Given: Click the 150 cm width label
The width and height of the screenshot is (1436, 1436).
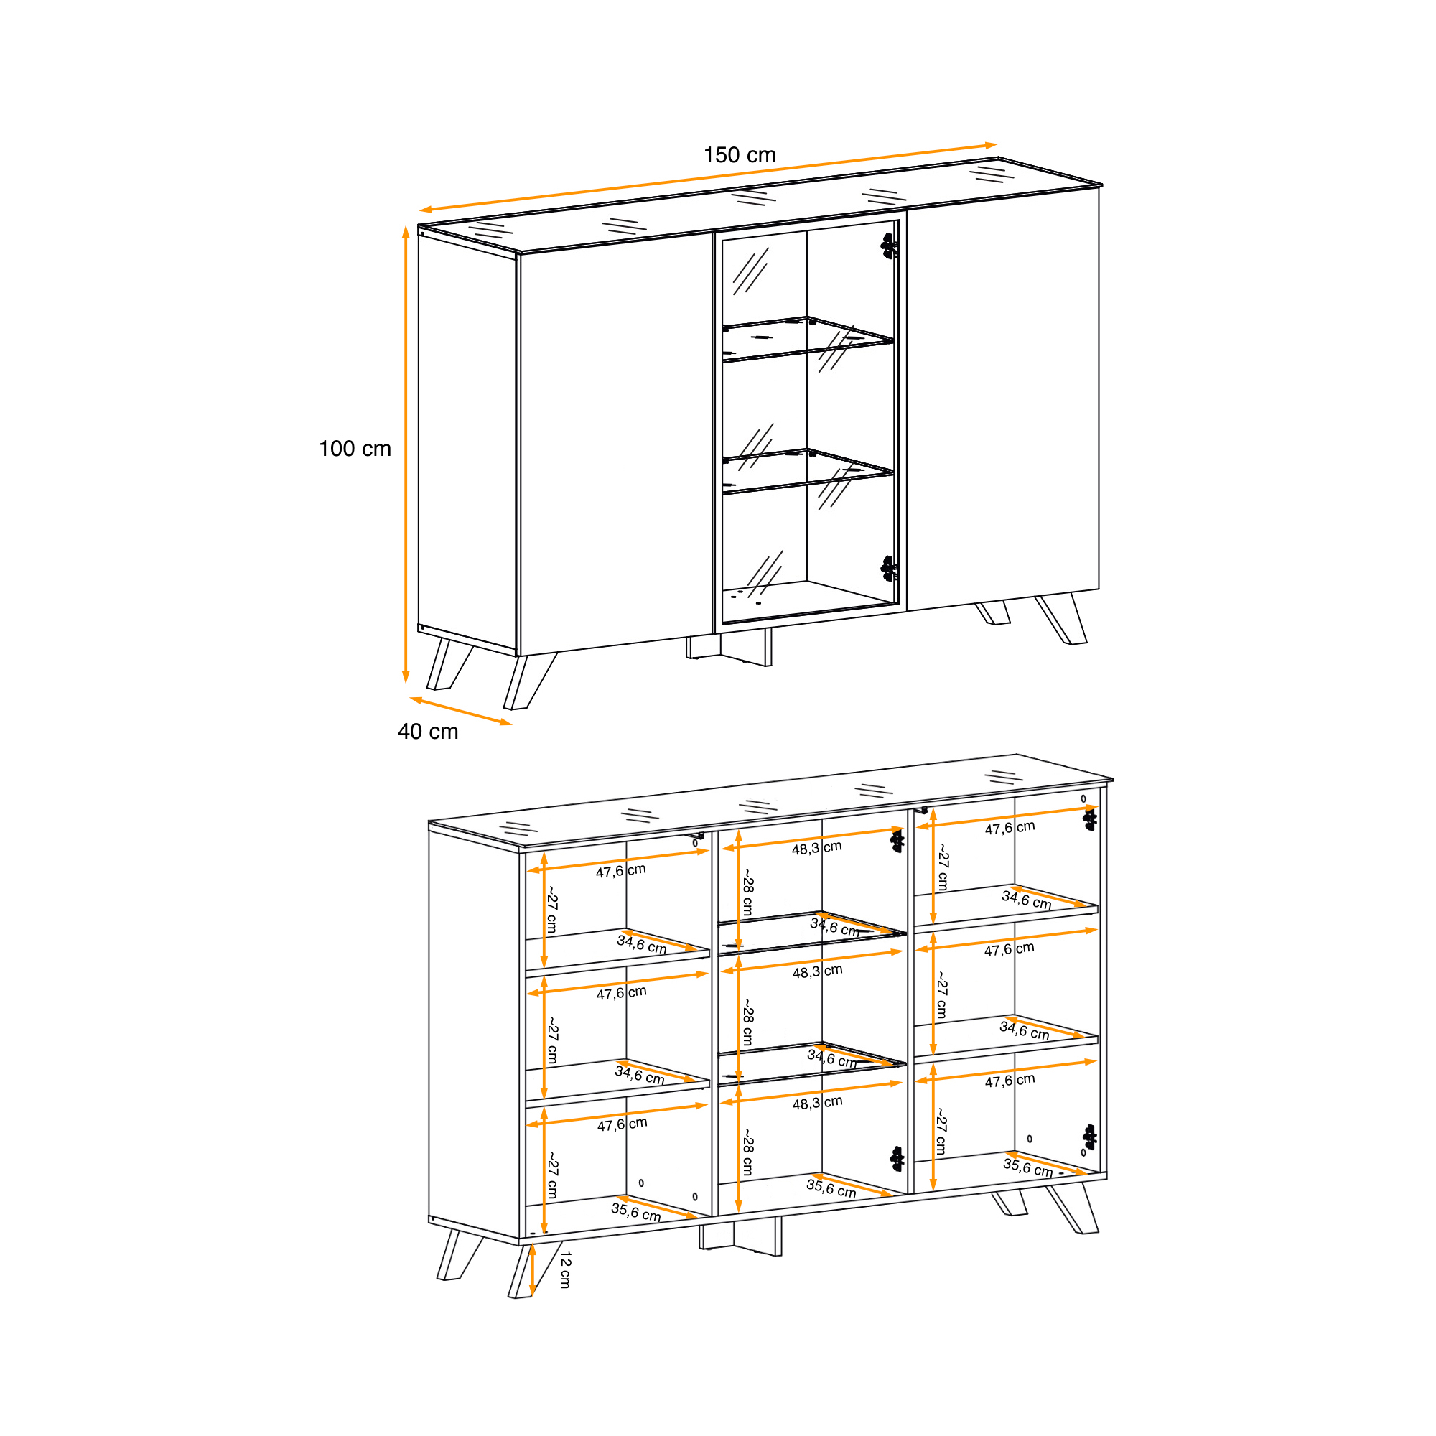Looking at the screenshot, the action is (x=740, y=154).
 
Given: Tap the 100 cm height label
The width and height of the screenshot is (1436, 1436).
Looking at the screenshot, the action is (x=355, y=448).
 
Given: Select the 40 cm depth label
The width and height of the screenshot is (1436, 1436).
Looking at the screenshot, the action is (x=428, y=732).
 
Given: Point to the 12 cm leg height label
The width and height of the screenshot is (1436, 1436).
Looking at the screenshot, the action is (x=566, y=1269).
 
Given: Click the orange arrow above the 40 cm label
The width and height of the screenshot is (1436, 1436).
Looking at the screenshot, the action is (x=461, y=711).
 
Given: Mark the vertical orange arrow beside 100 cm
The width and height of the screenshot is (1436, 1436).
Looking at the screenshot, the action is (x=406, y=454).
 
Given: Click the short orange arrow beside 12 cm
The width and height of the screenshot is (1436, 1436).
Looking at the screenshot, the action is (x=532, y=1269).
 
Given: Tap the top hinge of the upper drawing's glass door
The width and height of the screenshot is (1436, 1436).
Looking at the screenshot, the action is (x=889, y=246).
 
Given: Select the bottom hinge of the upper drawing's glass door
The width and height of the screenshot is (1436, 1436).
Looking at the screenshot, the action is (x=889, y=569).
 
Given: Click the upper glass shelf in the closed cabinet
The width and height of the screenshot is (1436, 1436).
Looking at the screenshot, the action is (x=808, y=340).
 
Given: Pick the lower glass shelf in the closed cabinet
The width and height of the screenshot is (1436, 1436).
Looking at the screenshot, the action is (x=808, y=471).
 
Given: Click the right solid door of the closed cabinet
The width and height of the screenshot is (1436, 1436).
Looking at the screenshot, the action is (x=1004, y=400).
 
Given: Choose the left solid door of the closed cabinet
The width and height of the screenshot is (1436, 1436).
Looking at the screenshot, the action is (x=616, y=444).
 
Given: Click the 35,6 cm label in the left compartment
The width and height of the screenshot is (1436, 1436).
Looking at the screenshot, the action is (x=635, y=1212).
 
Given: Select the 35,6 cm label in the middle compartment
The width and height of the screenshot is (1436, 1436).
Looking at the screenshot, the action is (x=831, y=1188).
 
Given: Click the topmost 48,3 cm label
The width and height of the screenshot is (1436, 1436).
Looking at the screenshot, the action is (x=816, y=848).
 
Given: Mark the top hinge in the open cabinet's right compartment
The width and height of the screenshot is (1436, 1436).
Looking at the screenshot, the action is (x=1090, y=820).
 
